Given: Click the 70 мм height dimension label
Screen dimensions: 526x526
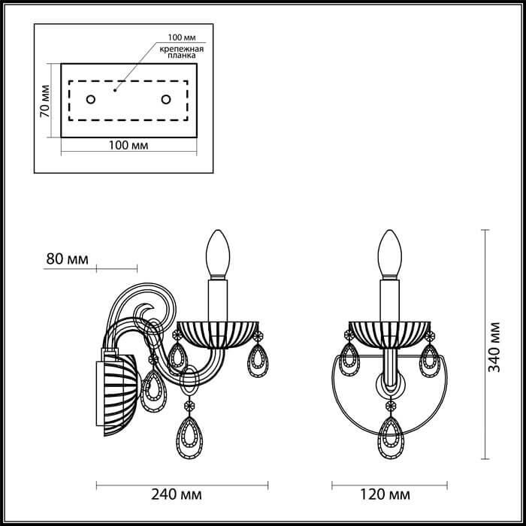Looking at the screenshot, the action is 44,101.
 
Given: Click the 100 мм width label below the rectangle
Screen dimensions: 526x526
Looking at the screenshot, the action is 128,145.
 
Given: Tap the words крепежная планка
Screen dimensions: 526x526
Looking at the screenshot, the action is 182,53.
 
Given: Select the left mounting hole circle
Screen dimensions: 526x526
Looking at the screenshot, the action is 91,99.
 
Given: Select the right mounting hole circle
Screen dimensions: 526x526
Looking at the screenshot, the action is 166,99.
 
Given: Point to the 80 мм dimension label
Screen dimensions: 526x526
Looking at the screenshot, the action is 68,259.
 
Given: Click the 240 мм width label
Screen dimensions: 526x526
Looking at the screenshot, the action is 177,494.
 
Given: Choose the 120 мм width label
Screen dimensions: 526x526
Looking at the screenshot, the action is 385,494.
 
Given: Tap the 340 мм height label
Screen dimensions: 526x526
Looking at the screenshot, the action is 494,347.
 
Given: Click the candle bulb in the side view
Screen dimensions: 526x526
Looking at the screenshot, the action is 218,253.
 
